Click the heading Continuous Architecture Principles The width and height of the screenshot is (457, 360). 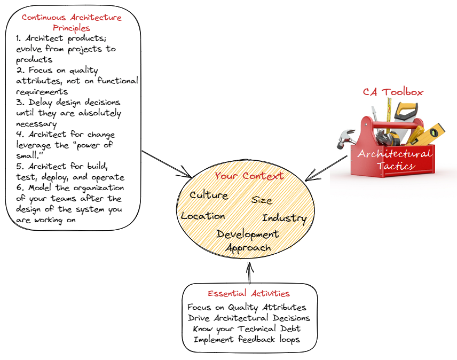pos(72,22)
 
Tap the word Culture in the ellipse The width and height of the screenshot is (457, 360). pos(209,195)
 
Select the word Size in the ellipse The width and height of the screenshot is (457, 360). pos(262,200)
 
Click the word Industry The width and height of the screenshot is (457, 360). pos(284,218)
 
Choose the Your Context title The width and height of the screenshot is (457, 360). pos(249,176)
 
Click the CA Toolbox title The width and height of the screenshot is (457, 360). pos(393,92)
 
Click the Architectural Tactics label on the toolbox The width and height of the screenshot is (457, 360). pos(395,160)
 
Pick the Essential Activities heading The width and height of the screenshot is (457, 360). pos(249,293)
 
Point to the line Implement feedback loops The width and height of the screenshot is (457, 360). pos(247,339)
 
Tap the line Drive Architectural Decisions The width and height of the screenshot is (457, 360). pos(249,318)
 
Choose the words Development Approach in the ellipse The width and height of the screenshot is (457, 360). pos(247,241)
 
